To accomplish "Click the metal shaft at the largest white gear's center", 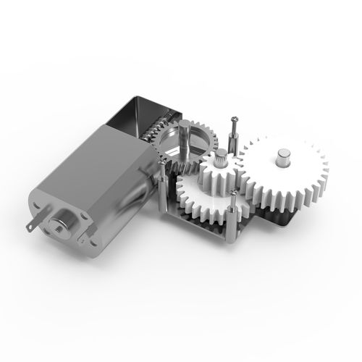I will tap(283, 157).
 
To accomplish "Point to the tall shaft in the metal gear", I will tap(186, 138).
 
